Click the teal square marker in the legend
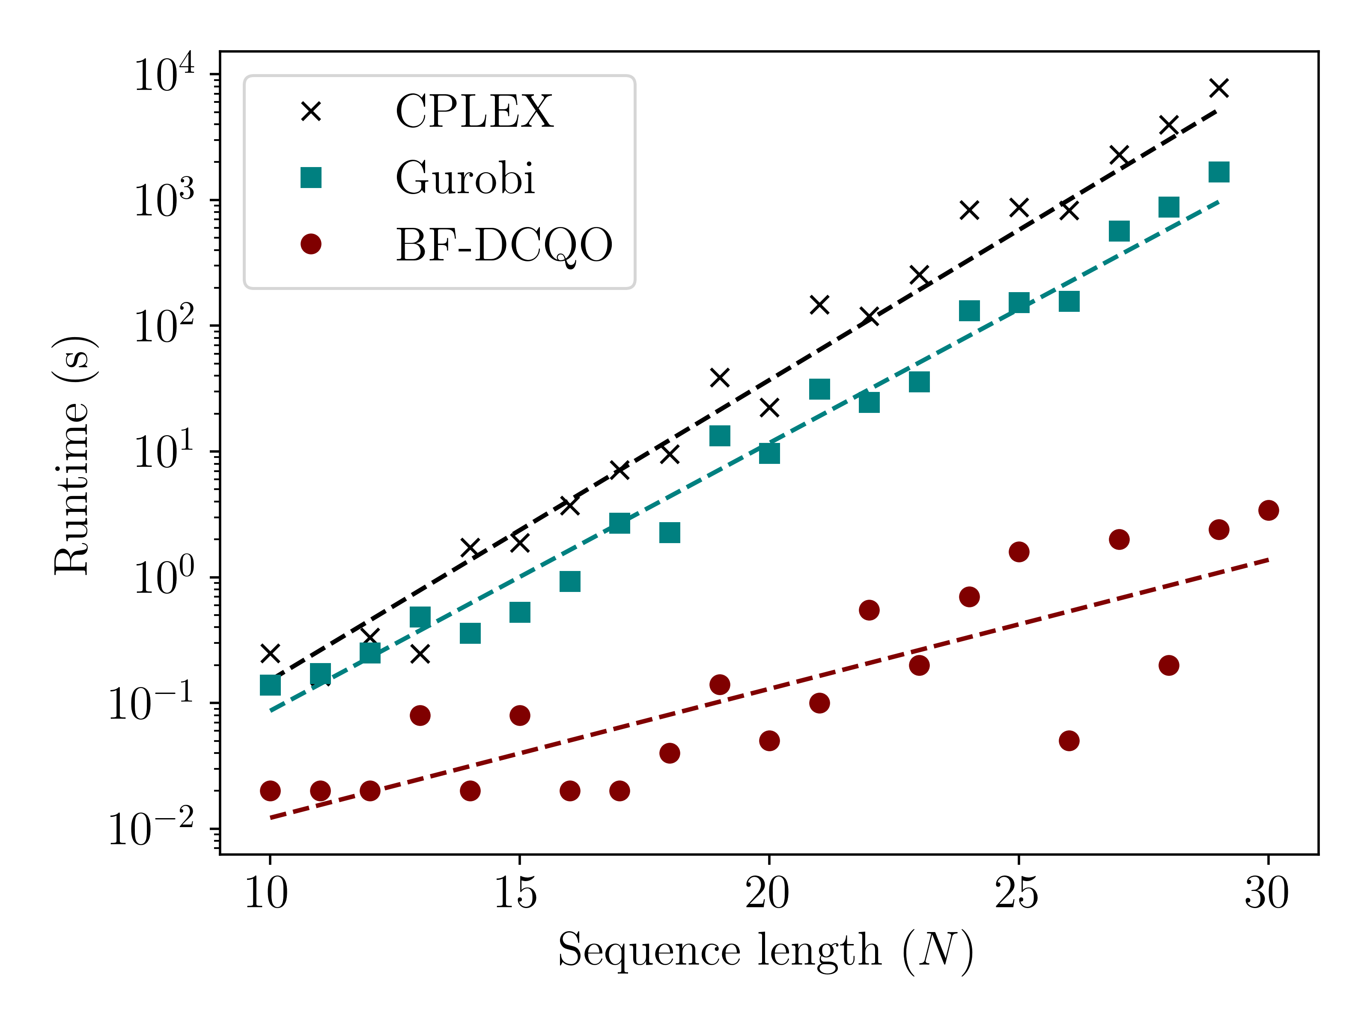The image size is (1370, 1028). (311, 178)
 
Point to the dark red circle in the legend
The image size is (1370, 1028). (311, 244)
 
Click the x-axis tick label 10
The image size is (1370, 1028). (267, 894)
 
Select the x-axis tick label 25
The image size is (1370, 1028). (1017, 894)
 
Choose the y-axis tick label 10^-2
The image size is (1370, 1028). (151, 829)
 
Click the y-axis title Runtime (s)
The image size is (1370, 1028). (73, 455)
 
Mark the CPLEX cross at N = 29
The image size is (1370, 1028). (1219, 88)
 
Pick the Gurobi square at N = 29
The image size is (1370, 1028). (1219, 172)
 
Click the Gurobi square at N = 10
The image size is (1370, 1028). (270, 685)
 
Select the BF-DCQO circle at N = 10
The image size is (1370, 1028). (270, 791)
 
